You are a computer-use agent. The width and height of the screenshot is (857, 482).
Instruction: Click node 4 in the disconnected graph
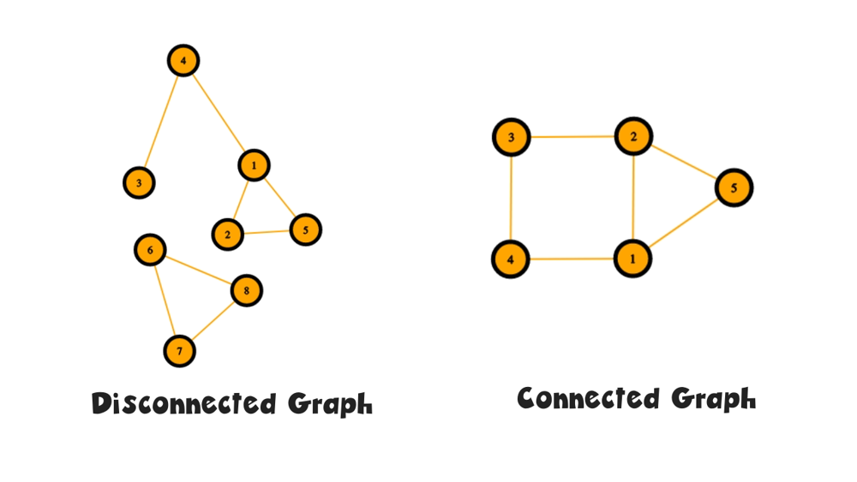pyautogui.click(x=183, y=61)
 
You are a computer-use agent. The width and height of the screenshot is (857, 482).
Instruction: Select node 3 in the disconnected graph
pyautogui.click(x=139, y=182)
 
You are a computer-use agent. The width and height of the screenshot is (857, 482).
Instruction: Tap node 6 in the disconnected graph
pyautogui.click(x=150, y=250)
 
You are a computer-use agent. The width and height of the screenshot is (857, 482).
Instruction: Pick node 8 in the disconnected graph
pyautogui.click(x=246, y=291)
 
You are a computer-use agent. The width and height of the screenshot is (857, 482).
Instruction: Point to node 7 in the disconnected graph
pyautogui.click(x=179, y=351)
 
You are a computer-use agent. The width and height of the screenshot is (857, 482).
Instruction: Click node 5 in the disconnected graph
pyautogui.click(x=305, y=229)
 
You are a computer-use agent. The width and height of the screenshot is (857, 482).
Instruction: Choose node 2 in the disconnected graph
pyautogui.click(x=227, y=234)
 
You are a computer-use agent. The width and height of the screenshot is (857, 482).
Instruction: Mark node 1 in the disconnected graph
pyautogui.click(x=254, y=164)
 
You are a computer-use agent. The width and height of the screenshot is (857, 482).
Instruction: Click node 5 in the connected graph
pyautogui.click(x=734, y=187)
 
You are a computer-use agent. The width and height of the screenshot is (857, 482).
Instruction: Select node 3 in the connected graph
pyautogui.click(x=511, y=138)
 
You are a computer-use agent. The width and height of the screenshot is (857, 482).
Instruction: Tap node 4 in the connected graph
pyautogui.click(x=510, y=259)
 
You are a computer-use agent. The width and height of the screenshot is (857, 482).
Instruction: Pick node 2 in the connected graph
pyautogui.click(x=633, y=137)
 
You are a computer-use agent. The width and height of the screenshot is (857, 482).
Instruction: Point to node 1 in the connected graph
pyautogui.click(x=633, y=259)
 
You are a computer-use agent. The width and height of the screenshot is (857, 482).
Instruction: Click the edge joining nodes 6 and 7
pyautogui.click(x=165, y=301)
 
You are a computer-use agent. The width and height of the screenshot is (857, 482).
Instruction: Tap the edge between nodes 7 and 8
pyautogui.click(x=213, y=321)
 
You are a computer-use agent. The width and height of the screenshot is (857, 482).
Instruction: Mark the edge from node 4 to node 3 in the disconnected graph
pyautogui.click(x=161, y=122)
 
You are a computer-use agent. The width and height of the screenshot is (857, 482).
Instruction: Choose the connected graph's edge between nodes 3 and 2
pyautogui.click(x=572, y=137)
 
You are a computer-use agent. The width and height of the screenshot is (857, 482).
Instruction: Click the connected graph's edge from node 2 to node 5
pyautogui.click(x=683, y=162)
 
